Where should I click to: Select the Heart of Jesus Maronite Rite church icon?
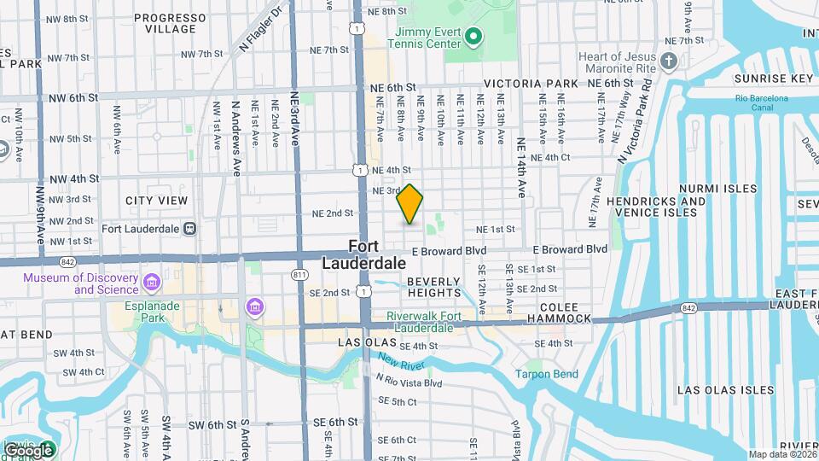(x=670, y=61)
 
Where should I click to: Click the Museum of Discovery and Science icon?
(x=152, y=283)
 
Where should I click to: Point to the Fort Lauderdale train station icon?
(x=189, y=228)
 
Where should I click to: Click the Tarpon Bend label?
(x=547, y=374)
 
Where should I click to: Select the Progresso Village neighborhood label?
(x=165, y=23)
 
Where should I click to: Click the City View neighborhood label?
(x=156, y=201)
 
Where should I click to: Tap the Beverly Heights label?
(x=433, y=287)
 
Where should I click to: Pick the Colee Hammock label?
(x=559, y=312)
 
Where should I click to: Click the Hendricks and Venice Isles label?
(x=658, y=207)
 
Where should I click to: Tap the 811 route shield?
(x=299, y=274)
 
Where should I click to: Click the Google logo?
(x=29, y=450)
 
